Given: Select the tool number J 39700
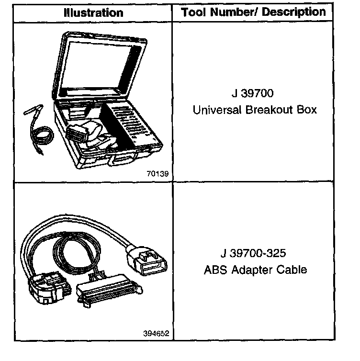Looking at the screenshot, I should click(x=255, y=94).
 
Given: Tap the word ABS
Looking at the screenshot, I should click(x=213, y=270).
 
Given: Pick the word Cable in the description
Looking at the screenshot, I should click(x=291, y=270).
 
